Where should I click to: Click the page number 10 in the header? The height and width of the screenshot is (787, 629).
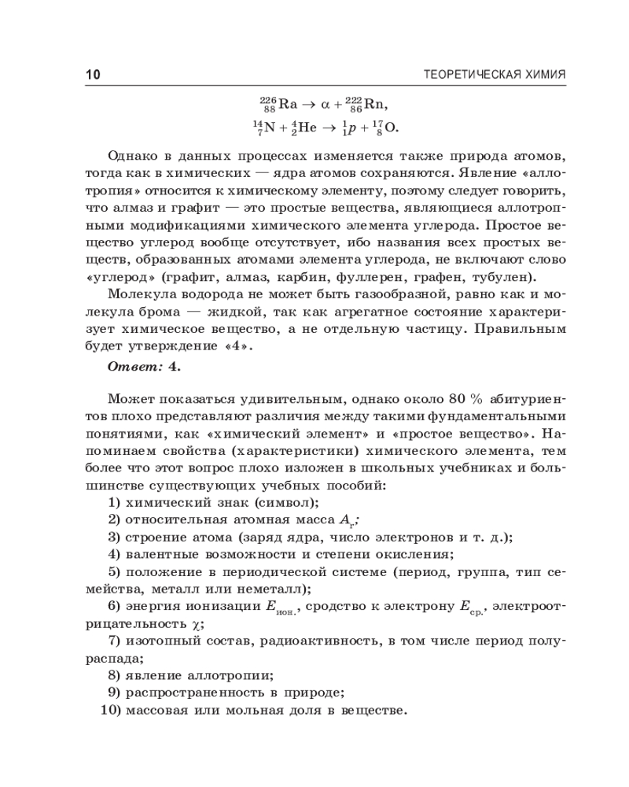click(x=93, y=76)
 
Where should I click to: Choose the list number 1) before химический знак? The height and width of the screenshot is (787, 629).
click(x=115, y=502)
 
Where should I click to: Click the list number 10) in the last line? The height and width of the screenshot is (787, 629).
click(x=112, y=711)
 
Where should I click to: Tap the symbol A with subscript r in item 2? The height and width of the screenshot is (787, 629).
click(x=348, y=520)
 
